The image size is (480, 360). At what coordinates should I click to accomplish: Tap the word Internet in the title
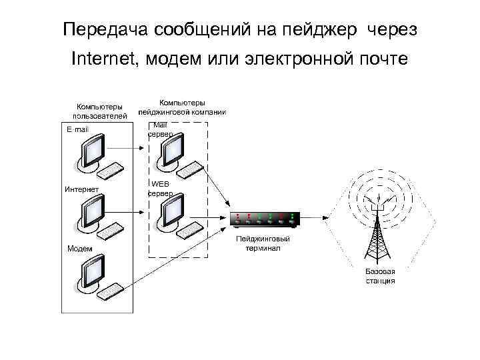tap(102, 61)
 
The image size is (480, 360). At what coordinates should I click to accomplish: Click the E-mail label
tap(77, 129)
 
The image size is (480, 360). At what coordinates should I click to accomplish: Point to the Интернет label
tap(81, 189)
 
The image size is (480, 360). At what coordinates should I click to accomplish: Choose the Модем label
tap(79, 249)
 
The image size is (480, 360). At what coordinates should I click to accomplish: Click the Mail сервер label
tap(161, 129)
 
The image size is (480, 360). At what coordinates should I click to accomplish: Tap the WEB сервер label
tap(161, 187)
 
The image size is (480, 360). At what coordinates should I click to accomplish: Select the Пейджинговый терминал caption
tap(261, 243)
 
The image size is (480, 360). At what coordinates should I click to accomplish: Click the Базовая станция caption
tap(381, 276)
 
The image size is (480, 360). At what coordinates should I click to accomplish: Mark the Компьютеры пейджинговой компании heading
tap(182, 107)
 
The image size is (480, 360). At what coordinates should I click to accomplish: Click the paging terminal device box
tap(265, 218)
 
